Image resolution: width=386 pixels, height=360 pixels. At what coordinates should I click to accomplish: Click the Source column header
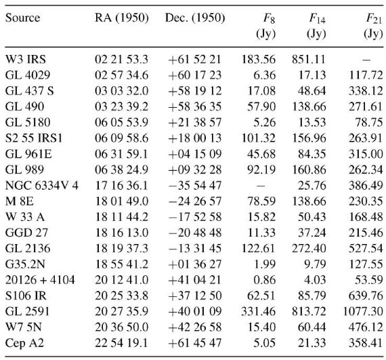(x=22, y=18)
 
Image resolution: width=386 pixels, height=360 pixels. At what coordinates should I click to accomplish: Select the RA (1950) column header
(x=122, y=18)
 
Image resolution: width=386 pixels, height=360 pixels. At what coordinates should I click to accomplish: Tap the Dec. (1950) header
(x=195, y=18)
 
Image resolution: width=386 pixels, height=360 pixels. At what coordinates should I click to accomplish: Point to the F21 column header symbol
(x=374, y=19)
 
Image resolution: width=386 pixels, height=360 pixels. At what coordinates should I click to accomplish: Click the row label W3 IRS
(x=26, y=60)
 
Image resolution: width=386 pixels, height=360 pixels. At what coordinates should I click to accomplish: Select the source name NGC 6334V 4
(x=42, y=186)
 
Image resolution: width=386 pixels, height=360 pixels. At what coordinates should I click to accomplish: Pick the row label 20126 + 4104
(x=40, y=280)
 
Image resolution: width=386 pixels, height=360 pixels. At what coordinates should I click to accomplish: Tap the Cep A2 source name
(x=24, y=343)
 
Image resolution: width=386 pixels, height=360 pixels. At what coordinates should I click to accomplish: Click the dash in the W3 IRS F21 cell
(x=366, y=60)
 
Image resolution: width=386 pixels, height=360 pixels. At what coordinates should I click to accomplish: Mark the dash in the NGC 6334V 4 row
(x=261, y=186)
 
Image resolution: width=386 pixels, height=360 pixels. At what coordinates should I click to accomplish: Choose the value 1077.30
(x=363, y=311)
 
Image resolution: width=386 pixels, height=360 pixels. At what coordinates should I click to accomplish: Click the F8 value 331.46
(x=258, y=311)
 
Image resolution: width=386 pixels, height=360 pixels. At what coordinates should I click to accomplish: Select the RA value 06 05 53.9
(x=122, y=123)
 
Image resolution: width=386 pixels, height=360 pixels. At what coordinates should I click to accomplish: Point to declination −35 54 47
(x=195, y=186)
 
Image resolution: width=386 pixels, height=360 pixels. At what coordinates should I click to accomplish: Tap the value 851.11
(x=309, y=60)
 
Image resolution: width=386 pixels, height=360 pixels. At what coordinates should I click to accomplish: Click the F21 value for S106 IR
(x=366, y=296)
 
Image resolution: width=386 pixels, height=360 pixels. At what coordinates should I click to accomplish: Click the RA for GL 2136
(x=122, y=248)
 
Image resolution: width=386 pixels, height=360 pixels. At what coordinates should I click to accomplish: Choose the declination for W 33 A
(x=195, y=217)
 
